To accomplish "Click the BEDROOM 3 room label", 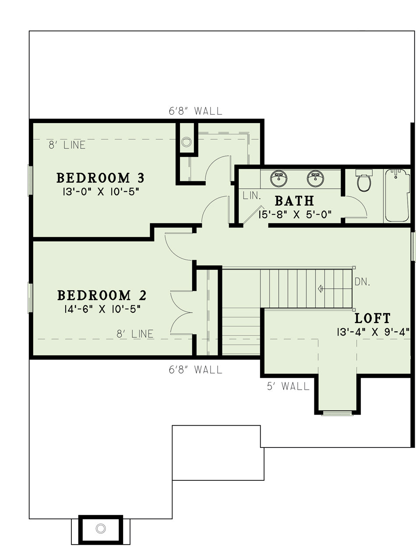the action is [x=100, y=178].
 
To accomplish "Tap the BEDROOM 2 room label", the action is [x=102, y=295].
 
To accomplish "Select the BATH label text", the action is [x=294, y=201].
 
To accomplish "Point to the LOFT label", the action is [x=372, y=318].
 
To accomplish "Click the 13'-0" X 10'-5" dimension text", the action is [x=101, y=192].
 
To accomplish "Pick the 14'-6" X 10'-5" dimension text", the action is [x=102, y=309].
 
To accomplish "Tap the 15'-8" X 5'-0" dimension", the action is [x=295, y=215].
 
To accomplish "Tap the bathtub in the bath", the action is [x=397, y=196].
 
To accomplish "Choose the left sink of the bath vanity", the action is [x=279, y=178].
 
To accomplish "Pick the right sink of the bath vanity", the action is [x=315, y=178].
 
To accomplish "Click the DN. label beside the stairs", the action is [x=362, y=282].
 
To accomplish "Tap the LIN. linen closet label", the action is [x=252, y=196].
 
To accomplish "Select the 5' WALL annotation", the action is [x=288, y=386].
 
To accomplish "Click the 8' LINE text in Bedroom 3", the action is [x=67, y=145].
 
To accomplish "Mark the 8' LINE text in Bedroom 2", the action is [x=135, y=334].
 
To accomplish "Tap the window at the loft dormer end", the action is [x=337, y=413].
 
